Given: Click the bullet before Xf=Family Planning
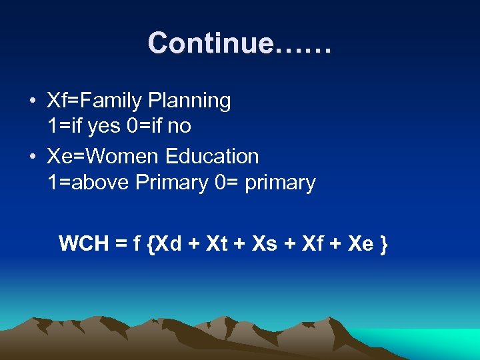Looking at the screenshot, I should click(33, 102).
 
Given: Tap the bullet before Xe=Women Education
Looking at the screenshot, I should click(33, 157).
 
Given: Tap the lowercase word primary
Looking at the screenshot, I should click(280, 183).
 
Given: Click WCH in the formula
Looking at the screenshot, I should click(84, 244).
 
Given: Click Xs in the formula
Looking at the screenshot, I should click(265, 244).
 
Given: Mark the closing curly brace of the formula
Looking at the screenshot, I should click(383, 245).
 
